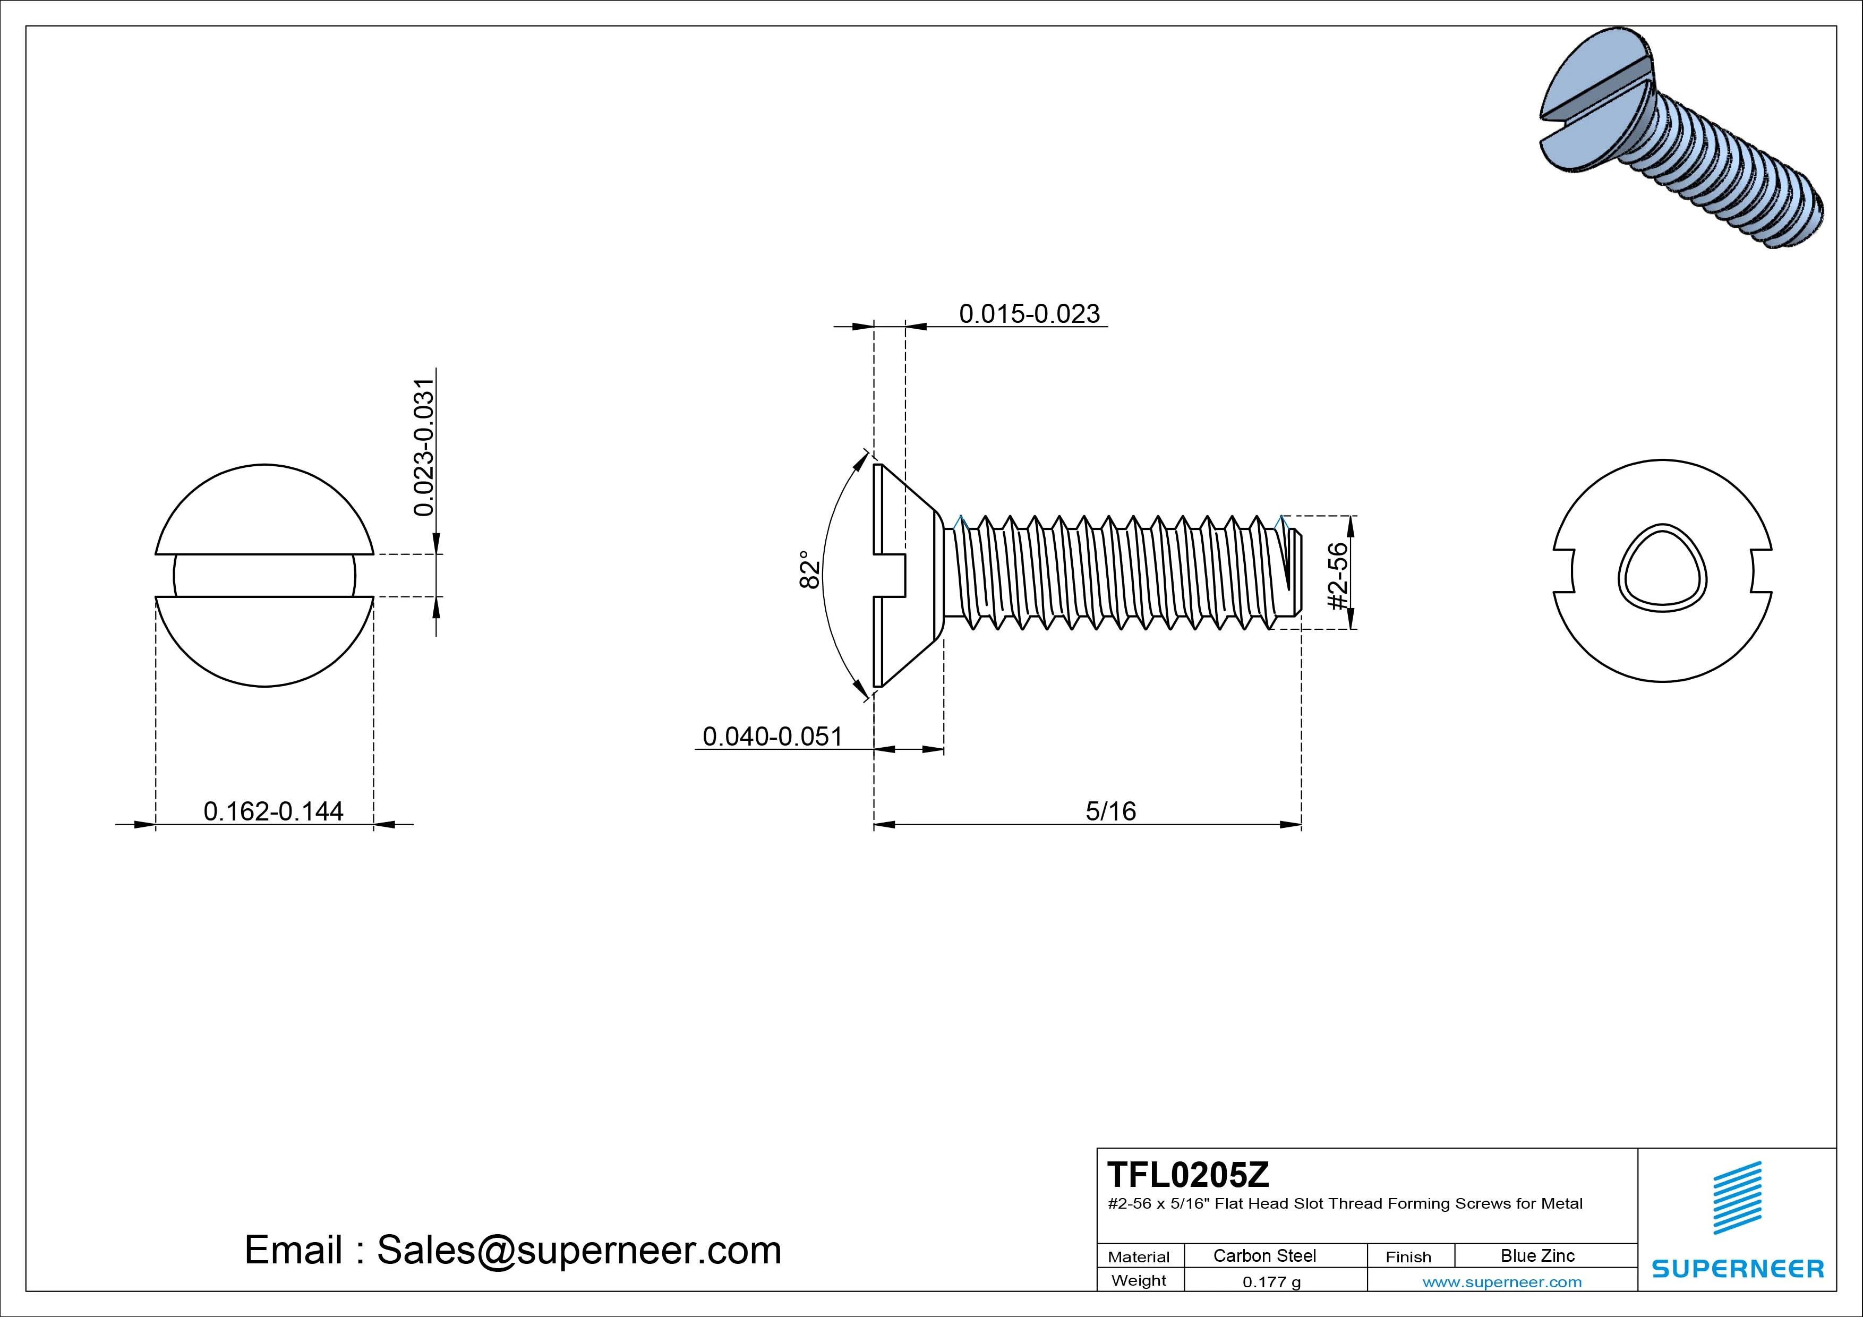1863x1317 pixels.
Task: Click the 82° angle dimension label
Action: coord(809,570)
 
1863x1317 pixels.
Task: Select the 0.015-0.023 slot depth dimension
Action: coord(1029,314)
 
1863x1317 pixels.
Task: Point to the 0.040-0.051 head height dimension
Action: coord(773,737)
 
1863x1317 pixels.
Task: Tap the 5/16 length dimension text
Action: coord(1111,811)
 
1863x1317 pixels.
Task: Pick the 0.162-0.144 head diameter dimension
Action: coord(274,811)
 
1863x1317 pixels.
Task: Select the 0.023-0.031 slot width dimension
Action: coord(424,447)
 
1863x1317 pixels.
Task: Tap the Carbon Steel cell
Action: coord(1264,1255)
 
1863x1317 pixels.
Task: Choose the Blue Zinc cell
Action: coord(1537,1255)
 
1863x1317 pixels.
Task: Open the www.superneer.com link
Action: coord(1502,1282)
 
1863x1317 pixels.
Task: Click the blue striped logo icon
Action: coord(1737,1197)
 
